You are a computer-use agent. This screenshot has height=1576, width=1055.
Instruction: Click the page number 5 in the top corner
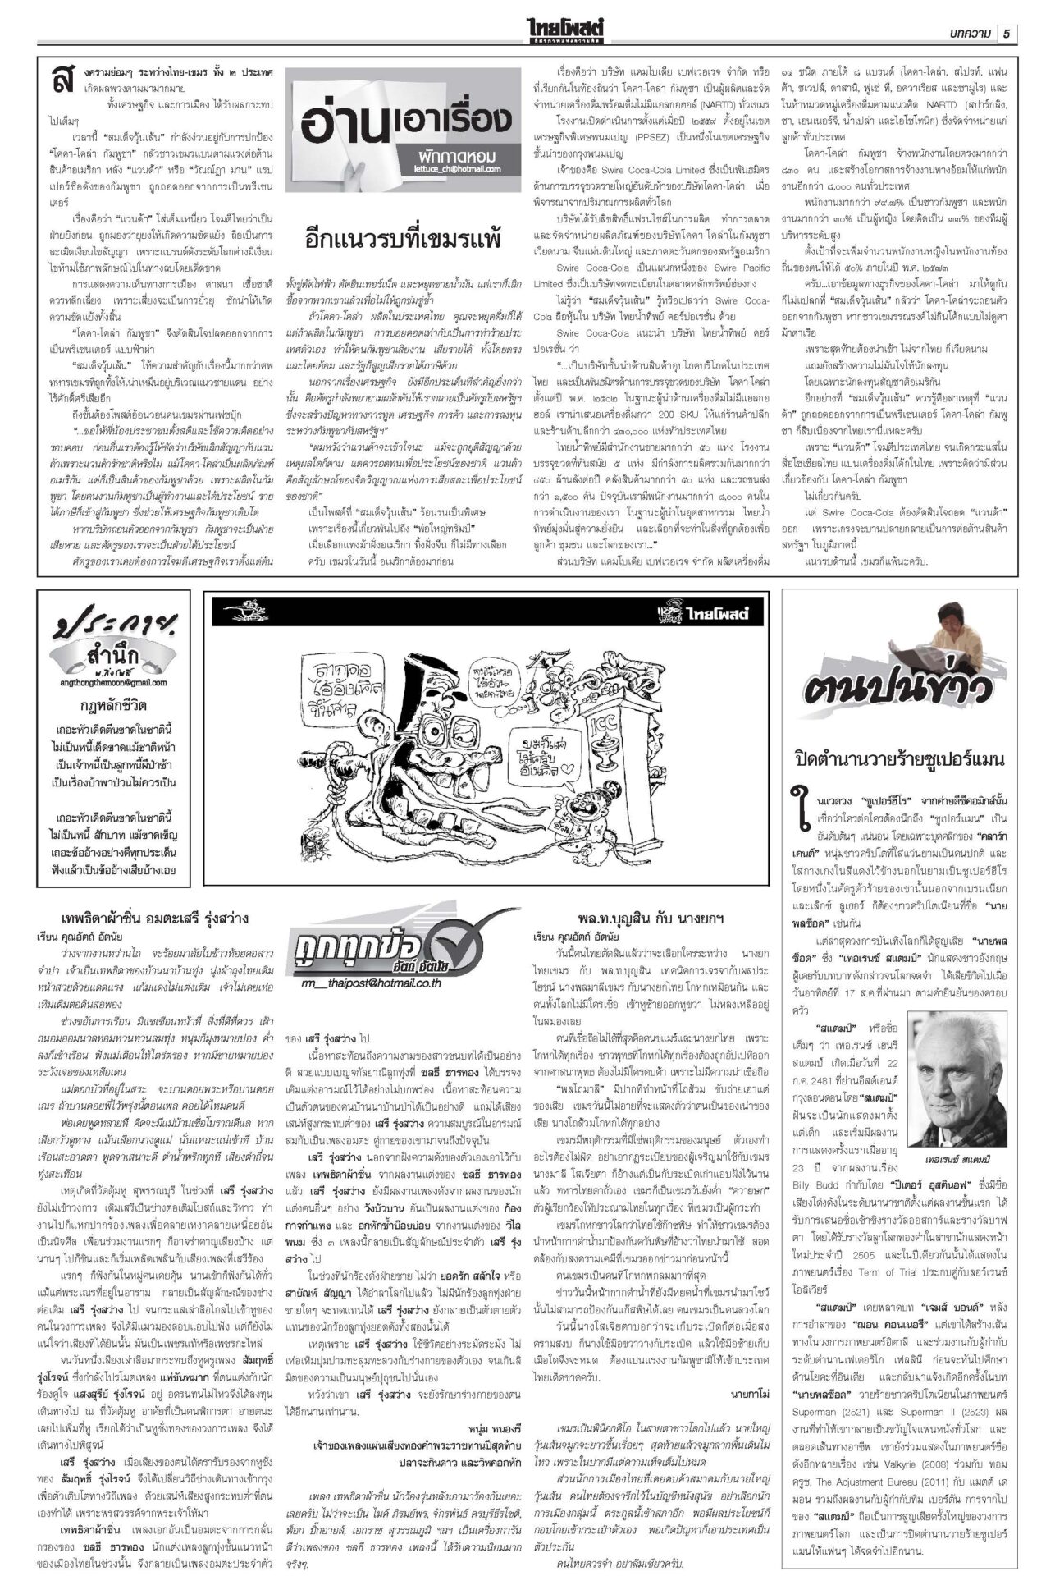point(1007,33)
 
